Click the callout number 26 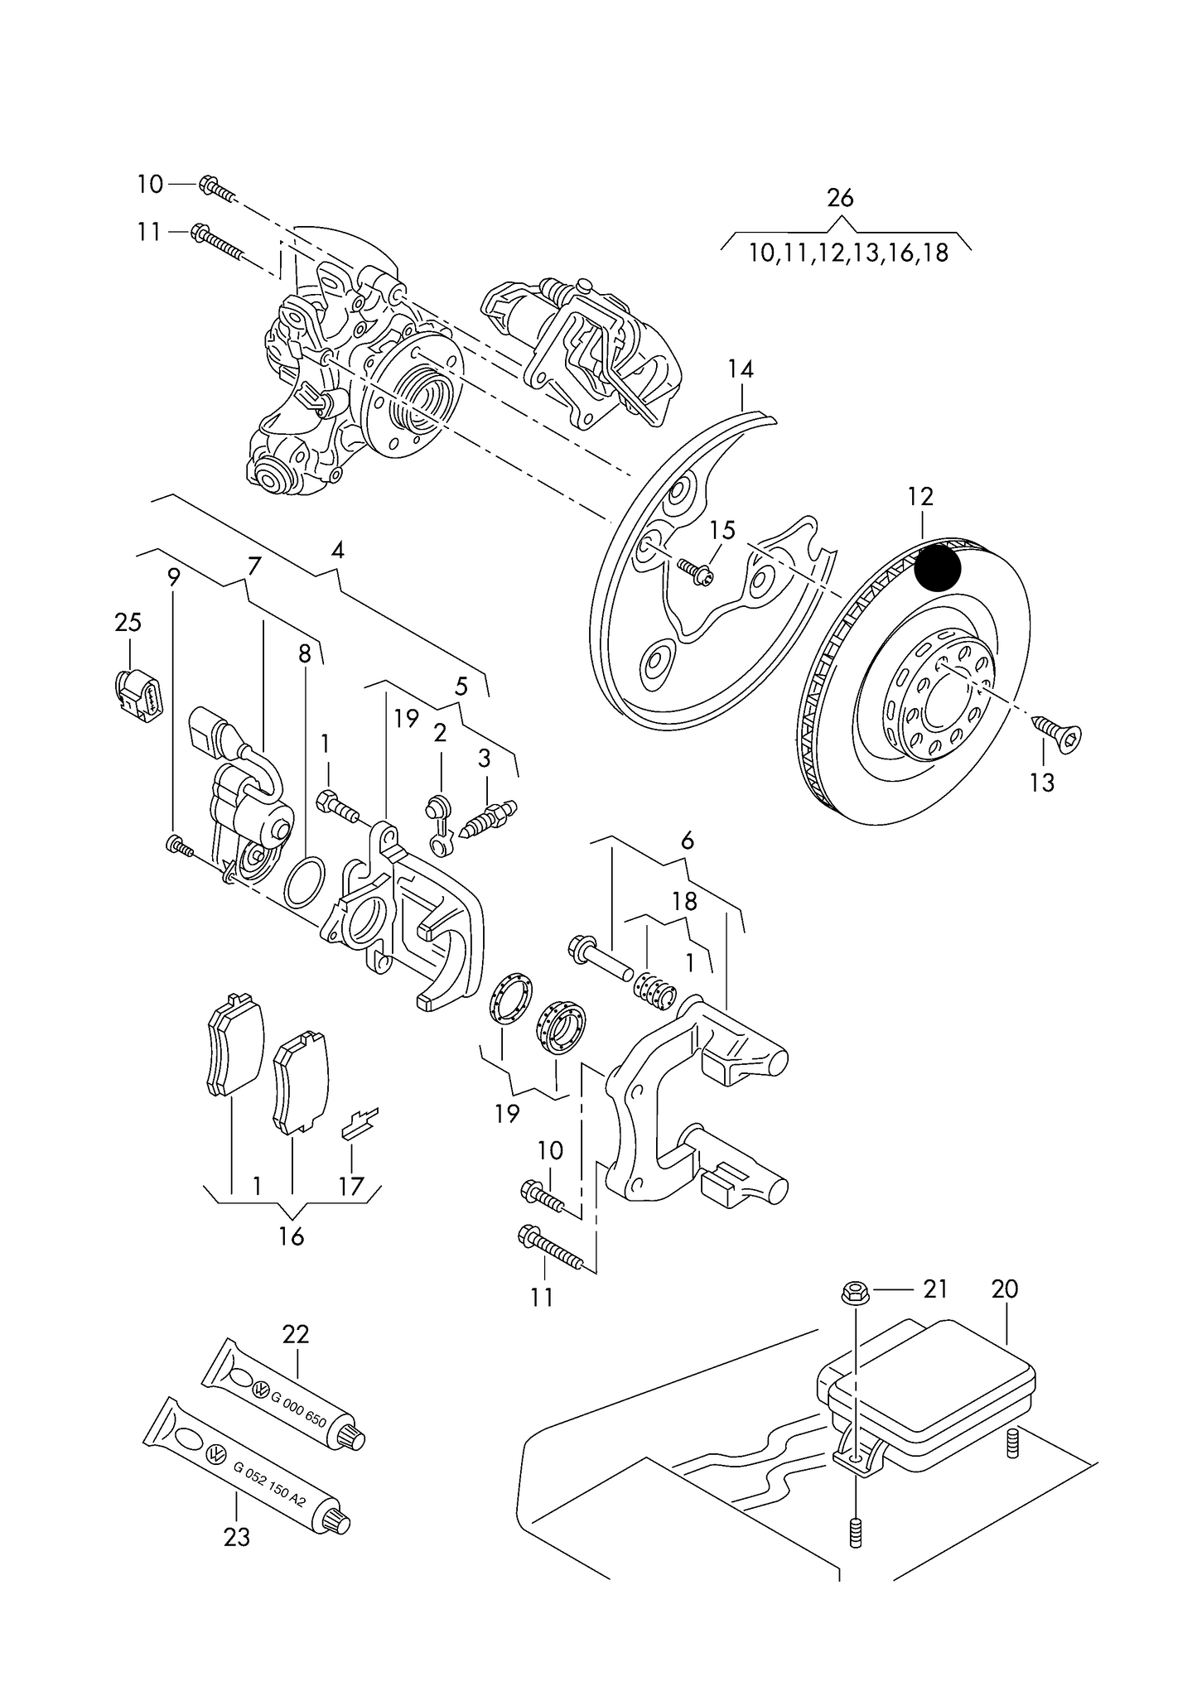(x=840, y=198)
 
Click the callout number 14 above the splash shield (x=741, y=369)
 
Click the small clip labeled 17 (x=359, y=1121)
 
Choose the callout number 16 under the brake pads (x=292, y=1260)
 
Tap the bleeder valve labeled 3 (x=487, y=818)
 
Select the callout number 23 (x=237, y=1537)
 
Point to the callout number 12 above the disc (x=920, y=497)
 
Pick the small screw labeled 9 (x=180, y=846)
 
